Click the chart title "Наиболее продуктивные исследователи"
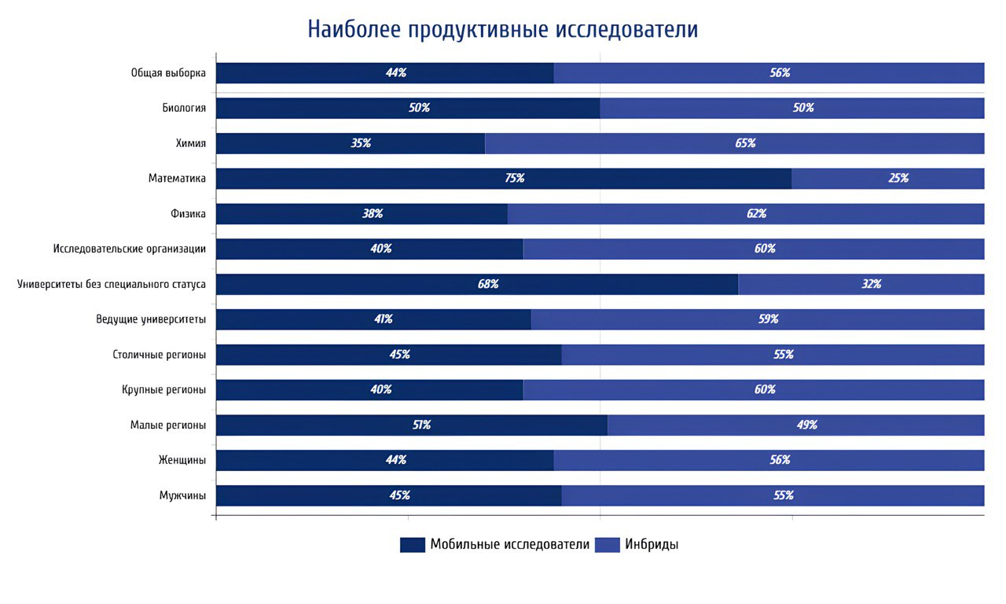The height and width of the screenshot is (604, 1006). click(x=502, y=29)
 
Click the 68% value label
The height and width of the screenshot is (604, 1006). click(x=488, y=284)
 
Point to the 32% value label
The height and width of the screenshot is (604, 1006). click(x=871, y=284)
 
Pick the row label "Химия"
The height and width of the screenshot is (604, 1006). click(x=191, y=143)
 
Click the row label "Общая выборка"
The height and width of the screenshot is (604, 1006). click(x=168, y=73)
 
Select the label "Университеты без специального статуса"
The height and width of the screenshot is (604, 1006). click(x=112, y=284)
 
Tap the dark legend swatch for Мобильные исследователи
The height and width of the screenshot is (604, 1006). click(x=413, y=545)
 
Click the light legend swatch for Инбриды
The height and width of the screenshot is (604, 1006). click(x=608, y=545)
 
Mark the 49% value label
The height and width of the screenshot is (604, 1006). click(x=807, y=425)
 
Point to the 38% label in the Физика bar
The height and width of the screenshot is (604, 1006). click(x=373, y=213)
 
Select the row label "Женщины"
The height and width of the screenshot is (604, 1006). click(x=182, y=460)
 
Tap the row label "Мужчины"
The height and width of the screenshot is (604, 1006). click(x=182, y=495)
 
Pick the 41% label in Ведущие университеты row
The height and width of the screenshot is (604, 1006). click(x=383, y=319)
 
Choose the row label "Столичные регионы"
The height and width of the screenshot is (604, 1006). click(x=160, y=355)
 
